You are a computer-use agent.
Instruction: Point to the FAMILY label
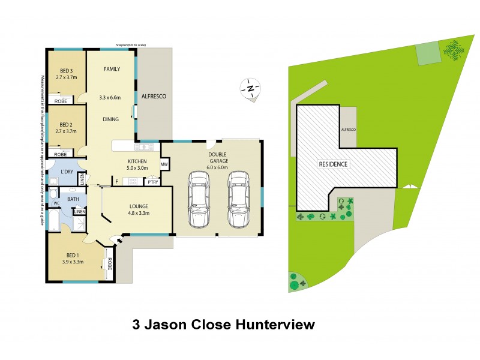(112, 69)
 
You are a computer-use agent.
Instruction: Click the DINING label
(110, 119)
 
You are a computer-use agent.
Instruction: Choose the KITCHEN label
(138, 161)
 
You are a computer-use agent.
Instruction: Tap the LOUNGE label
(139, 206)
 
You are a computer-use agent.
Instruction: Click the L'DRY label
(68, 172)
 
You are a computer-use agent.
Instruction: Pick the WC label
(56, 203)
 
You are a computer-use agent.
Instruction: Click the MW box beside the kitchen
(164, 163)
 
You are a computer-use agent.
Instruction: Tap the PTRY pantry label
(153, 182)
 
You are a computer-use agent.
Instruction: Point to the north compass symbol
(250, 89)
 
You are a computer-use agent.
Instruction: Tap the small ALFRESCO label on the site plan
(348, 130)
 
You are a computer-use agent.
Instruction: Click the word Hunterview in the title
(274, 326)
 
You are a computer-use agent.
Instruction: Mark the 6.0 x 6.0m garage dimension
(218, 161)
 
